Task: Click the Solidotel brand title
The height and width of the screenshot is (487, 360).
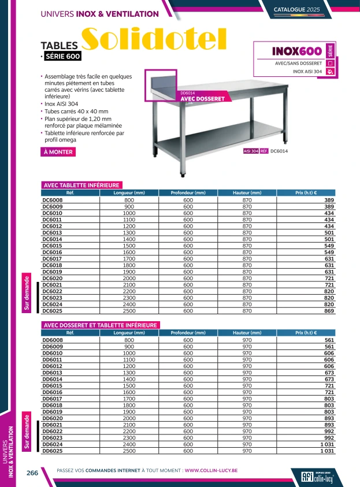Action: (155, 40)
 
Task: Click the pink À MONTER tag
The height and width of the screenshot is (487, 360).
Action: (58, 153)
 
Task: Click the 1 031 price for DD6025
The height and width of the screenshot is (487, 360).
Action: (328, 451)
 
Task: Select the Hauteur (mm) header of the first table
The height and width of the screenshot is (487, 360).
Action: (247, 192)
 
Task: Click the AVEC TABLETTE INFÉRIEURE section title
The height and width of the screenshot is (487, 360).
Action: (81, 185)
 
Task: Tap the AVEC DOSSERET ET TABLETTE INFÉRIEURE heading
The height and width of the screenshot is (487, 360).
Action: (100, 325)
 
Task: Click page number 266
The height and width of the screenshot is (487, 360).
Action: (32, 473)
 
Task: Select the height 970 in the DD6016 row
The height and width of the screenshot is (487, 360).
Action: (247, 392)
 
